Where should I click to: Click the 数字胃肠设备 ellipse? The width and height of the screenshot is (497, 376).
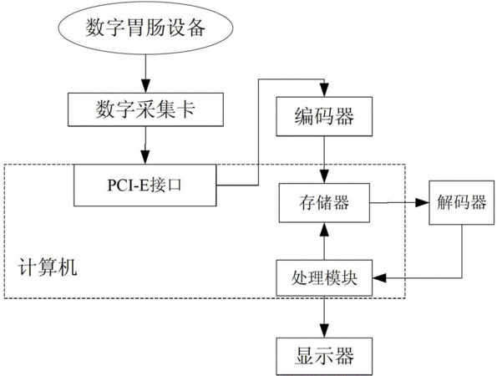(146, 28)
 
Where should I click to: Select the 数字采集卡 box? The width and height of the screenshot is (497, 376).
(145, 109)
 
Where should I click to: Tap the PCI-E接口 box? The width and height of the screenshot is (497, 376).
(145, 185)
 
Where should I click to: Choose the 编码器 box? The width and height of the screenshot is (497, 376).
(324, 116)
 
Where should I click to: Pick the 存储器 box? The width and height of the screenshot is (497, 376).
(324, 202)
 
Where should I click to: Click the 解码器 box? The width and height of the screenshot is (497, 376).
(462, 202)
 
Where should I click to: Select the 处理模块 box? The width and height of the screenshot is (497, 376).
(324, 278)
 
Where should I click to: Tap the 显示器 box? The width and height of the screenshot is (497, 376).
(324, 356)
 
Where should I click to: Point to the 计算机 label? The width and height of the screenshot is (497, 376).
(48, 267)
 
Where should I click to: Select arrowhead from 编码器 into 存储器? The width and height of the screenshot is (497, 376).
(324, 176)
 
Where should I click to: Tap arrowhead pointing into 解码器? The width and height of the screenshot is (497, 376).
(422, 202)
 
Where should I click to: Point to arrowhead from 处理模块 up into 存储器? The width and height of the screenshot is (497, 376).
(324, 230)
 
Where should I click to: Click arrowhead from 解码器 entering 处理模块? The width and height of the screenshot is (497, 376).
(380, 278)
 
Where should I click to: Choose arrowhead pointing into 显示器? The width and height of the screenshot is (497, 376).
(324, 330)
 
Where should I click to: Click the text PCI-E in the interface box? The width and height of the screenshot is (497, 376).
(128, 185)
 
